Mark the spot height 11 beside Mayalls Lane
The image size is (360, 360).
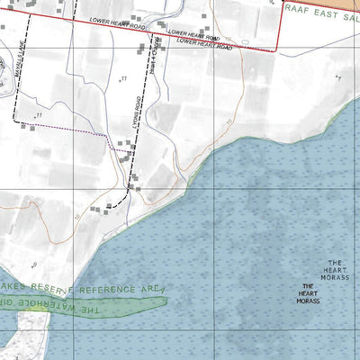[39, 116]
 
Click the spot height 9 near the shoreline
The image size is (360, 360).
[34, 265]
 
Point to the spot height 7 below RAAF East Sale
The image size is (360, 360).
[339, 77]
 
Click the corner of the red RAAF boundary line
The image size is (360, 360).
[274, 52]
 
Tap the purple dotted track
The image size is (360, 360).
[81, 132]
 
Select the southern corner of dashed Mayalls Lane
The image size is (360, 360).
[15, 119]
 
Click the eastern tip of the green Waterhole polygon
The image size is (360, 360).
[166, 300]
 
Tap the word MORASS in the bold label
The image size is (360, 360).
[309, 300]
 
